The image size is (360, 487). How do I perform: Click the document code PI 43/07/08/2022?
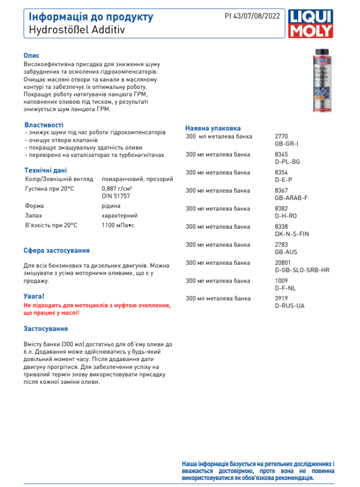252,16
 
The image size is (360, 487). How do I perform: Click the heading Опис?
32,56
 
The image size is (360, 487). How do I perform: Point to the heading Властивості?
44,125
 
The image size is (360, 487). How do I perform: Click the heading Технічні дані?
45,170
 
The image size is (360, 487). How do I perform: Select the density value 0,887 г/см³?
117,188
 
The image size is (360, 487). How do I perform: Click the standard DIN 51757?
116,196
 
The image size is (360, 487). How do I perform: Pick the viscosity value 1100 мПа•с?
118,225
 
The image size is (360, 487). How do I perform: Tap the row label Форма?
34,206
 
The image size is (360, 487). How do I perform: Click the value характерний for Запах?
120,216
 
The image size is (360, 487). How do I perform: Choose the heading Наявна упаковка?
213,128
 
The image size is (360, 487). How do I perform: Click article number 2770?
281,136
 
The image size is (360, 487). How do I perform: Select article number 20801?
282,263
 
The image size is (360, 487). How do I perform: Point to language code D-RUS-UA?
289,306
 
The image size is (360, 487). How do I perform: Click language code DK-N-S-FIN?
292,234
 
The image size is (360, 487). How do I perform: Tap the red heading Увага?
34,296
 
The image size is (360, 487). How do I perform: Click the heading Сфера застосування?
57,251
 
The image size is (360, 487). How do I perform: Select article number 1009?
281,281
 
